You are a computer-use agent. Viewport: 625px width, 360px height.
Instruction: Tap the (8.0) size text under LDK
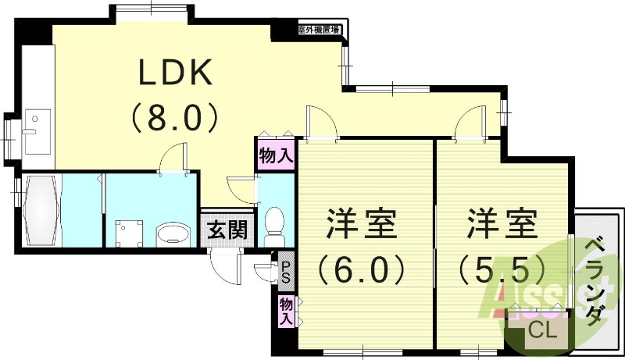175,119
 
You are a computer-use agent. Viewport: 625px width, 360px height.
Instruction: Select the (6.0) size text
362,270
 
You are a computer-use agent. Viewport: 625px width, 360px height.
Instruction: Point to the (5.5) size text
501,270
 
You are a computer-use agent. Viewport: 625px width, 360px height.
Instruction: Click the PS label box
286,272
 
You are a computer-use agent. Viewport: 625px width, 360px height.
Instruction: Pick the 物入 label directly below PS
286,311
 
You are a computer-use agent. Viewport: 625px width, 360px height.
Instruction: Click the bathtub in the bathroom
38,211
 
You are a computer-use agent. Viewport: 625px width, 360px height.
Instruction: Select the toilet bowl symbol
275,222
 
